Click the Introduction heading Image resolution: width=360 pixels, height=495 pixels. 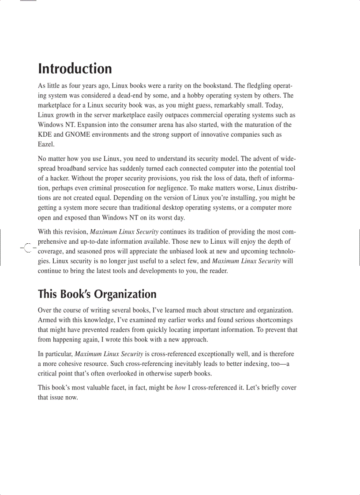pos(75,69)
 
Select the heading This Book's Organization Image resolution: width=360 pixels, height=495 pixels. pos(97,294)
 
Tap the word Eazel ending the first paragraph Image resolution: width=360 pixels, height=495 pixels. pos(46,144)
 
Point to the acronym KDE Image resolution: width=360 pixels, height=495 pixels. pos(45,134)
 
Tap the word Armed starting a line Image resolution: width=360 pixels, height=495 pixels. pos(47,320)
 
